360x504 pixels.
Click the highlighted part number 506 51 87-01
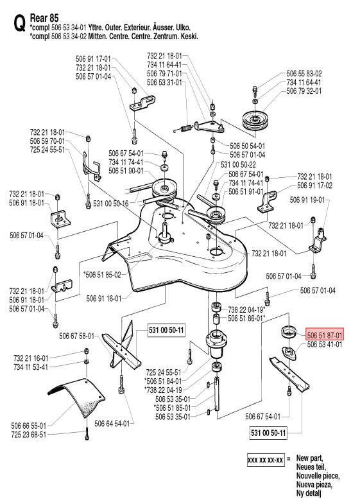[x=325, y=335]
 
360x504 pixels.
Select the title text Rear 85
[x=44, y=18]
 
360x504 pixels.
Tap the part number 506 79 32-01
[x=304, y=91]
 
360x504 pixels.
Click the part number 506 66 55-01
[x=29, y=426]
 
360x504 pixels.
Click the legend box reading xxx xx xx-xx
[x=265, y=460]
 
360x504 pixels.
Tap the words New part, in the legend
[x=309, y=458]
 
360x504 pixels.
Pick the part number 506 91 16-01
[x=104, y=299]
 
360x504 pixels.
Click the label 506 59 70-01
[x=47, y=141]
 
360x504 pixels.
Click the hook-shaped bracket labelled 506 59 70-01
[x=92, y=166]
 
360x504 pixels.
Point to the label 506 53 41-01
[x=325, y=345]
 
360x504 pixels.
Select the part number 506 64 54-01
[x=112, y=424]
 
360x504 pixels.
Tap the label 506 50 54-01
[x=248, y=146]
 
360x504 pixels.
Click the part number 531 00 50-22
[x=238, y=165]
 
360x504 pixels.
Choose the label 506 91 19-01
[x=307, y=200]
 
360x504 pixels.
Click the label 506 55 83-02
[x=304, y=74]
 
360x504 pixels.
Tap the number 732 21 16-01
[x=31, y=358]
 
